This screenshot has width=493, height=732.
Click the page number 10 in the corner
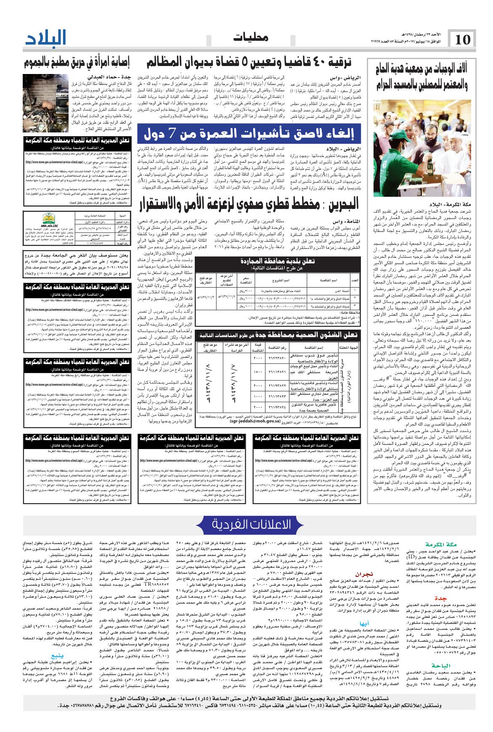[462, 40]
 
